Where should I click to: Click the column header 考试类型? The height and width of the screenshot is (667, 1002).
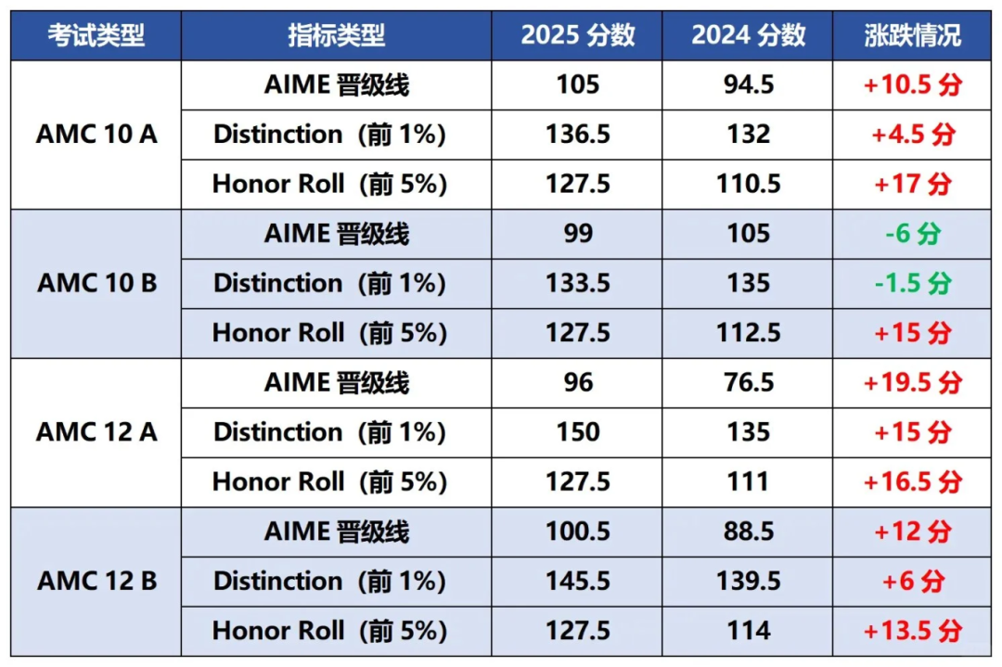pyautogui.click(x=96, y=35)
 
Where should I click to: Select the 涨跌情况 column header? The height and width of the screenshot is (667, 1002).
pyautogui.click(x=912, y=35)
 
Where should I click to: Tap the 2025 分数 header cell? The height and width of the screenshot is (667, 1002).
pyautogui.click(x=578, y=35)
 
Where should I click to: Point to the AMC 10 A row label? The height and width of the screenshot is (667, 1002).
pyautogui.click(x=96, y=135)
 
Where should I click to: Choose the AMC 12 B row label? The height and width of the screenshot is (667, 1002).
pyautogui.click(x=96, y=582)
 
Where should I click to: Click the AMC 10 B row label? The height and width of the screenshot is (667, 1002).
pyautogui.click(x=96, y=283)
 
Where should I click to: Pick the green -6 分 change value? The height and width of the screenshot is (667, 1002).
pyautogui.click(x=912, y=234)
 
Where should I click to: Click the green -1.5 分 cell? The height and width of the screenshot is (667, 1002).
pyautogui.click(x=912, y=283)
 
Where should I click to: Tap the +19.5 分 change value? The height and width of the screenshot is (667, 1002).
pyautogui.click(x=912, y=382)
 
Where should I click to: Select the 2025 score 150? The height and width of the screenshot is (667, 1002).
pyautogui.click(x=578, y=432)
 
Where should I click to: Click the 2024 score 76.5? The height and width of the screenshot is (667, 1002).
pyautogui.click(x=749, y=382)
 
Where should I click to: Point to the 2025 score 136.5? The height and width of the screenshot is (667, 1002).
pyautogui.click(x=578, y=135)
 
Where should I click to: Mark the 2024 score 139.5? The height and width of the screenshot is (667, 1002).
pyautogui.click(x=749, y=582)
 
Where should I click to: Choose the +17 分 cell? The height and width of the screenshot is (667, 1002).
pyautogui.click(x=912, y=184)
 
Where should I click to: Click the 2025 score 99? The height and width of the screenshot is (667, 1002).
pyautogui.click(x=578, y=234)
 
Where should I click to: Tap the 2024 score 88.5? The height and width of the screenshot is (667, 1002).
pyautogui.click(x=749, y=532)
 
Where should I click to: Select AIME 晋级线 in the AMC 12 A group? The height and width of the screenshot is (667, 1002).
pyautogui.click(x=336, y=382)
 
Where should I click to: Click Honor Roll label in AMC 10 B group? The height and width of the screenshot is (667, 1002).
pyautogui.click(x=329, y=333)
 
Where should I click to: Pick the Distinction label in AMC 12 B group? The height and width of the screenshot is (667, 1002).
pyautogui.click(x=329, y=582)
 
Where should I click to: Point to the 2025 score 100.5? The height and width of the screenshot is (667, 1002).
pyautogui.click(x=578, y=532)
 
